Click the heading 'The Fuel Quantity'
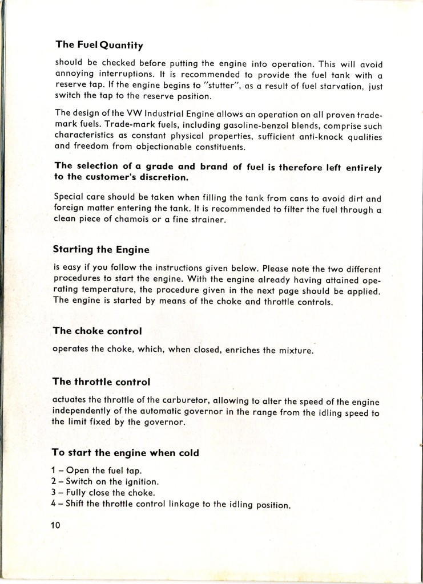tap(99, 44)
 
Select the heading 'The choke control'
tap(96, 330)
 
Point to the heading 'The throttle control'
tap(102, 381)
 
